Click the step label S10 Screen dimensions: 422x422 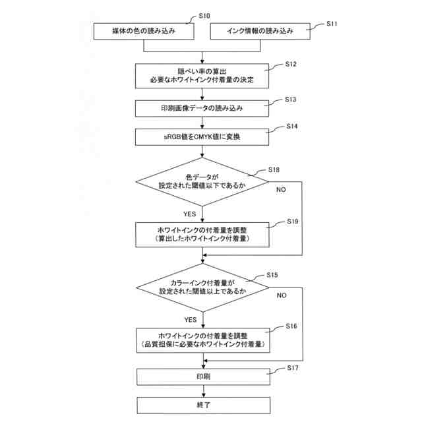click(204, 15)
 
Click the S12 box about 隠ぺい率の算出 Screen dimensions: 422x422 click(202, 76)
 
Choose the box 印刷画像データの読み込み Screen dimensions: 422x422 click(202, 108)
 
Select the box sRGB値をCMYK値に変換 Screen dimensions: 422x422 click(202, 137)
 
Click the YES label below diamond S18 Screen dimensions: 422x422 click(190, 213)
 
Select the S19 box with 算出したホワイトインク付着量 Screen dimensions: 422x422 click(202, 233)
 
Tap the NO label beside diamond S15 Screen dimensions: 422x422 click(282, 295)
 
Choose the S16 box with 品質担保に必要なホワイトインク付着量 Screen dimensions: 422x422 click(202, 340)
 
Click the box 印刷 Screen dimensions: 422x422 click(202, 377)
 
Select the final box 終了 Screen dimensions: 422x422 click(202, 404)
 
